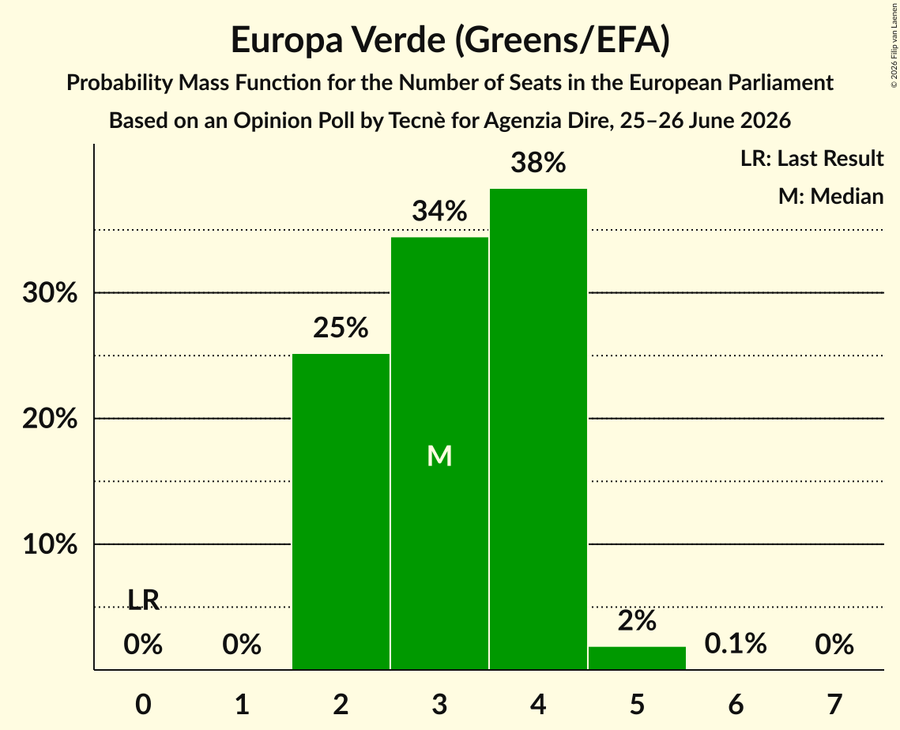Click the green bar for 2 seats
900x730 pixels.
click(x=341, y=511)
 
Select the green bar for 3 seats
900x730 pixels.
click(x=439, y=453)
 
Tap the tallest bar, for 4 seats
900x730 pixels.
click(x=538, y=429)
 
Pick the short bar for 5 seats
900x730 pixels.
click(x=637, y=657)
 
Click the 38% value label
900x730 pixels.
click(x=538, y=163)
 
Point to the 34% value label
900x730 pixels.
click(x=439, y=211)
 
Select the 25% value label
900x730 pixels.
click(x=341, y=328)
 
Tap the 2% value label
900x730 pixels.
click(x=637, y=620)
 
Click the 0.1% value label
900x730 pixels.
click(x=736, y=644)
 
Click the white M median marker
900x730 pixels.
click(x=439, y=457)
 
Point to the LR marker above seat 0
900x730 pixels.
click(x=143, y=600)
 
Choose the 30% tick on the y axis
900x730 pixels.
click(x=50, y=293)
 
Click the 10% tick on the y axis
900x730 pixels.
click(x=50, y=544)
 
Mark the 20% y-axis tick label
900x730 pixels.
click(x=50, y=419)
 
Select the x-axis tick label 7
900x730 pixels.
click(x=834, y=704)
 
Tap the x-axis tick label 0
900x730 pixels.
click(x=143, y=704)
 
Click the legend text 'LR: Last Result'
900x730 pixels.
click(x=812, y=158)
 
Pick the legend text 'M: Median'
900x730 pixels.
click(x=831, y=196)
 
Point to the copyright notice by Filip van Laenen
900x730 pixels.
click(x=894, y=45)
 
